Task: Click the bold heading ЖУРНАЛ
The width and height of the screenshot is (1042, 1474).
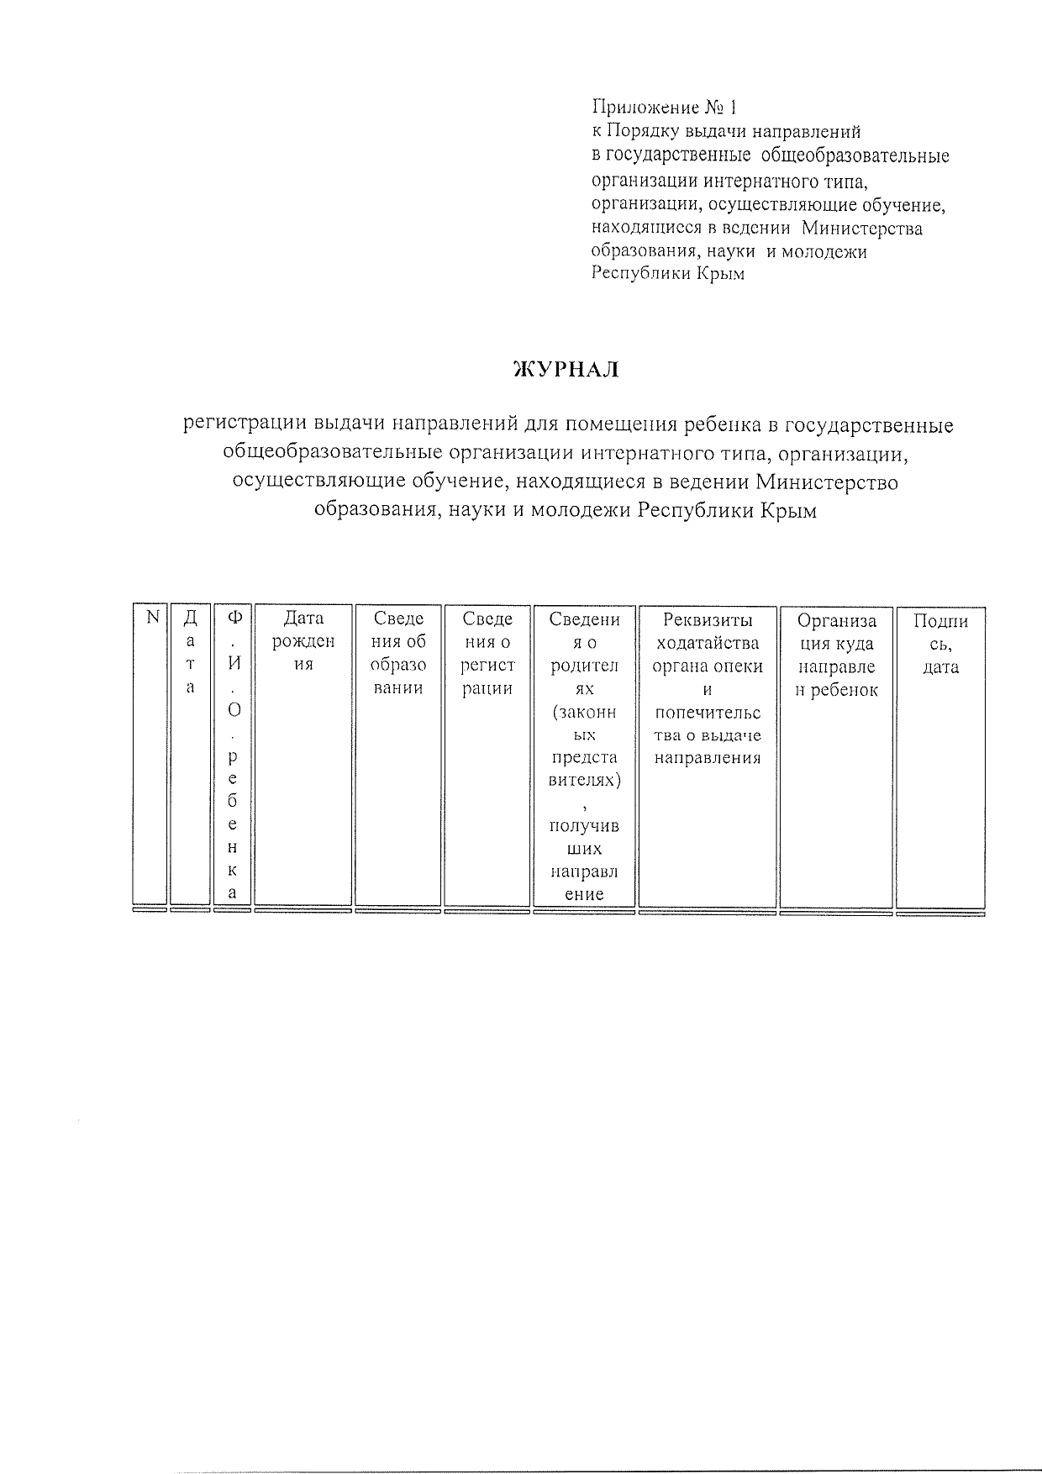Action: click(x=565, y=369)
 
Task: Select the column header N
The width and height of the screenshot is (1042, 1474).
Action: click(x=152, y=618)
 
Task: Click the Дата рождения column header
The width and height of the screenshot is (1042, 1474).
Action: click(x=303, y=641)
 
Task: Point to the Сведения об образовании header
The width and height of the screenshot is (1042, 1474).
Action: click(x=397, y=653)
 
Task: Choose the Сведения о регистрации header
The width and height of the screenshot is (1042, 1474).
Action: click(x=487, y=653)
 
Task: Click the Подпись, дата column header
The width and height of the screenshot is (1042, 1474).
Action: click(x=940, y=644)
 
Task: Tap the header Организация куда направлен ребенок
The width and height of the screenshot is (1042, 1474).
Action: click(x=836, y=655)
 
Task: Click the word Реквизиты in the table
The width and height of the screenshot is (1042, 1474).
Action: click(x=708, y=620)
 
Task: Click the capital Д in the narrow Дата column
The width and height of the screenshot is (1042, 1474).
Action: click(x=191, y=619)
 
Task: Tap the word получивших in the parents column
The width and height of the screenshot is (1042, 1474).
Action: click(x=584, y=837)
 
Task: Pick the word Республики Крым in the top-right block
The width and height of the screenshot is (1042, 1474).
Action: click(x=668, y=274)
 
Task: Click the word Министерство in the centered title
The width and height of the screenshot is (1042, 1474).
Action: click(x=827, y=482)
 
